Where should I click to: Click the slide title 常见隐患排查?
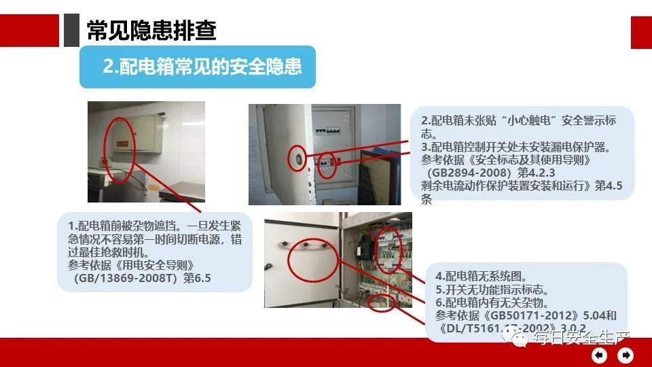(151, 31)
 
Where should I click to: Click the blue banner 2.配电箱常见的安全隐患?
(198, 67)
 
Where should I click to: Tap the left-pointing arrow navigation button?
(599, 354)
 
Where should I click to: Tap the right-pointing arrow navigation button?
(626, 354)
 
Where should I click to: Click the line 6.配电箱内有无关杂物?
(492, 302)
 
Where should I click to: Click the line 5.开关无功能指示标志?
(492, 290)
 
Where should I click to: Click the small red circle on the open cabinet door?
(296, 156)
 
